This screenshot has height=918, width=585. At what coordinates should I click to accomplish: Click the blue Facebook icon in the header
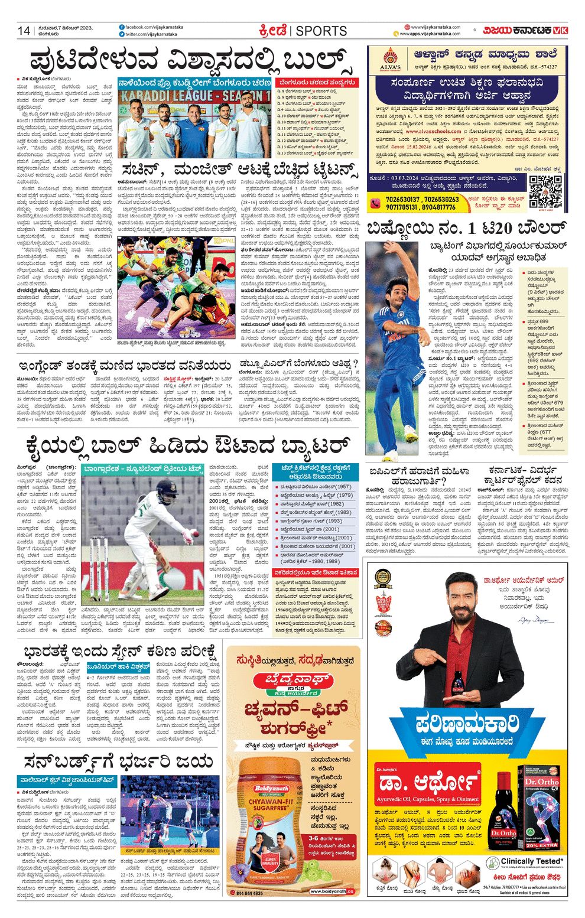pos(122,27)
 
